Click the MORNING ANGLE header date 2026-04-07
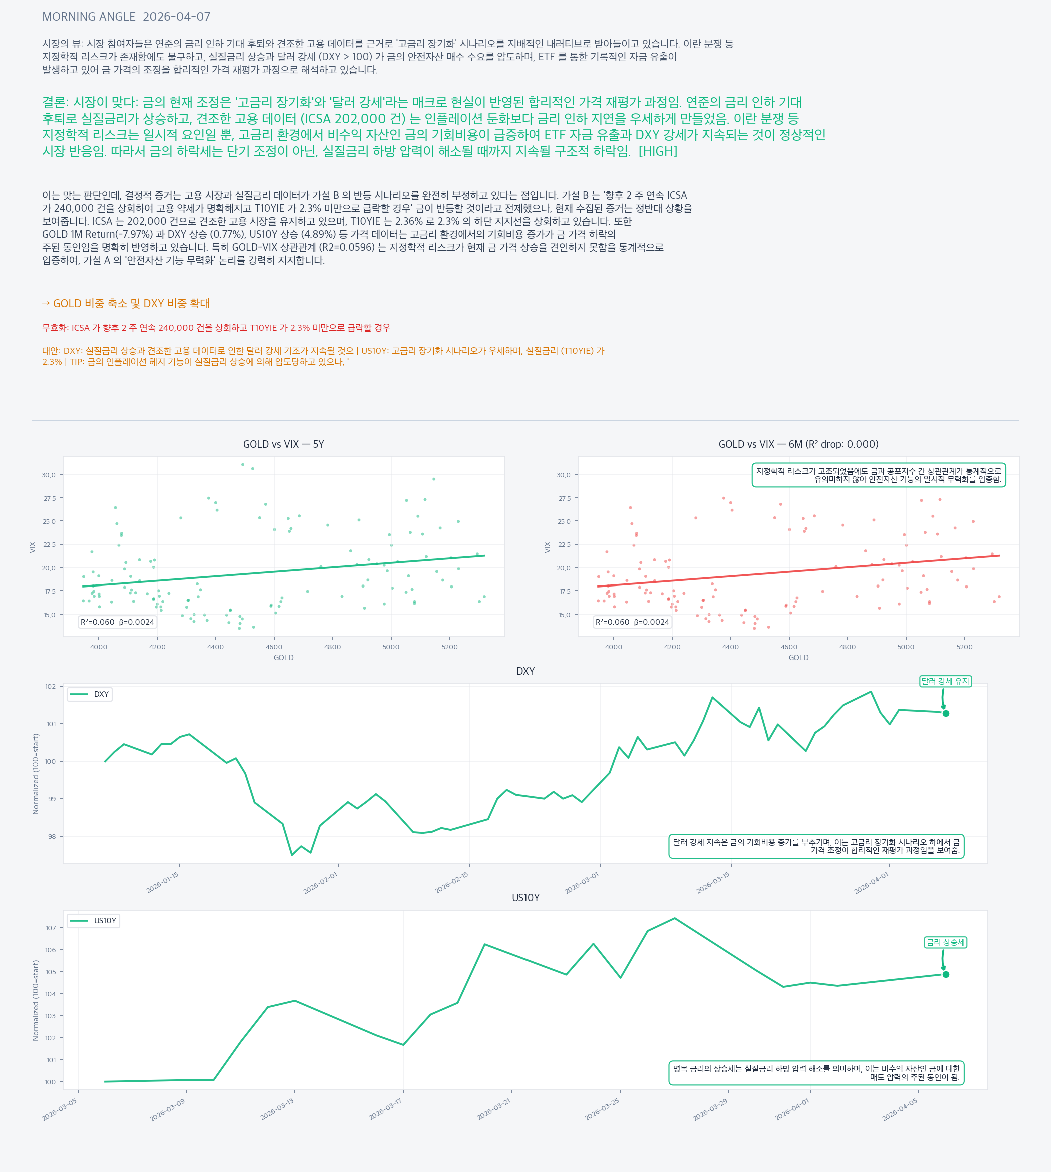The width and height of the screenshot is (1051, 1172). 176,17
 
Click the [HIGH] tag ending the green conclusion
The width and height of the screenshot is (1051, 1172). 658,151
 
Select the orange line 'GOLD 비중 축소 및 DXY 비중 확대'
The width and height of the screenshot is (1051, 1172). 126,303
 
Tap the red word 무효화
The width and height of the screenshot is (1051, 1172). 54,328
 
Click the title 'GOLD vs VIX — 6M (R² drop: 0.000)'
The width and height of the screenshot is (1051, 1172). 798,444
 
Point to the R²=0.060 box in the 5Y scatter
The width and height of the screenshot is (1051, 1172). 117,622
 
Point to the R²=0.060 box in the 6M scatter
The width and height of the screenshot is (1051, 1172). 632,622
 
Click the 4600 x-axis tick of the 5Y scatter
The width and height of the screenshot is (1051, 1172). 274,647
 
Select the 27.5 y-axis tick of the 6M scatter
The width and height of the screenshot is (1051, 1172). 564,498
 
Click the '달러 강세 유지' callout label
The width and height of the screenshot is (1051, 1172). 945,681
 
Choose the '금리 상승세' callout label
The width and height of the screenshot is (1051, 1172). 945,942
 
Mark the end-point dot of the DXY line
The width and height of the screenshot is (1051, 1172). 946,713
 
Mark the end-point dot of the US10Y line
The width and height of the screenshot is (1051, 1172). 946,974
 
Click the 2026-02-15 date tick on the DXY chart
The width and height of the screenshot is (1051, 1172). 452,883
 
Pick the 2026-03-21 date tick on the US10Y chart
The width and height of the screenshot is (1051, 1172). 494,1109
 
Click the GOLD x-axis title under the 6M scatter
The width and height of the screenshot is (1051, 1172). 798,657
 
